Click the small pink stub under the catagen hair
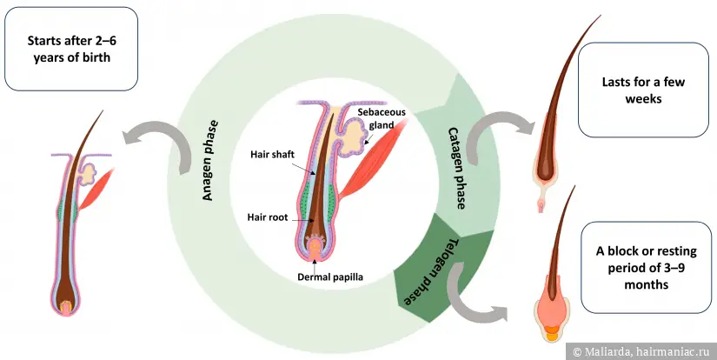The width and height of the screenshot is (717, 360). (543, 205)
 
